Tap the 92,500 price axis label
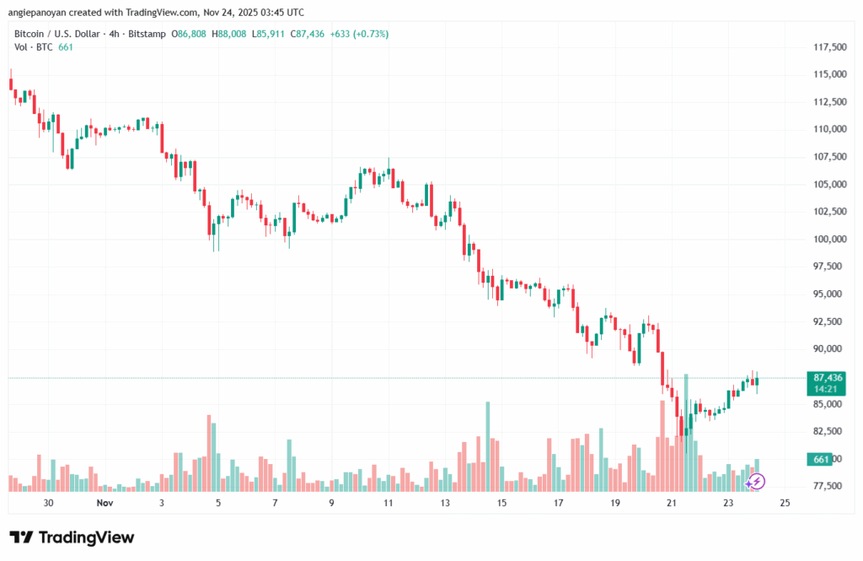tap(828, 321)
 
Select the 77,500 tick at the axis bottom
tap(828, 486)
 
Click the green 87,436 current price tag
tap(828, 377)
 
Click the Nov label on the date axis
tap(105, 503)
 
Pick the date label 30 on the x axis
tap(48, 503)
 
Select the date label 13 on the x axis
tap(444, 503)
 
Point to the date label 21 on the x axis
tap(672, 503)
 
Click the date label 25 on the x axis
tap(785, 503)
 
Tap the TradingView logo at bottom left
tap(72, 537)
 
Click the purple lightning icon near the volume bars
tap(756, 482)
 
